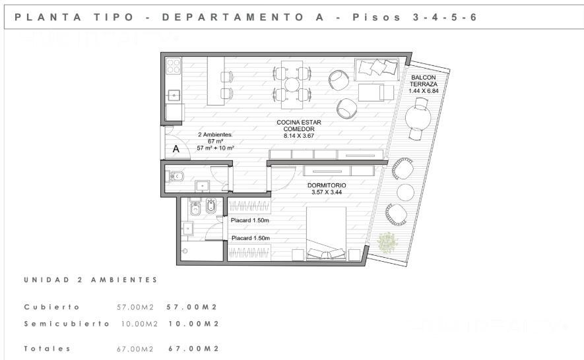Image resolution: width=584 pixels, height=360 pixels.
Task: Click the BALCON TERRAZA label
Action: (x=424, y=81)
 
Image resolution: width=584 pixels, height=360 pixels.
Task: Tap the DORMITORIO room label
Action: (x=327, y=185)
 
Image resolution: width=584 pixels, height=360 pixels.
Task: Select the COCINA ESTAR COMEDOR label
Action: (x=299, y=125)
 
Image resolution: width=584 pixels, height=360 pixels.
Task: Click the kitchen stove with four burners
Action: (x=173, y=66)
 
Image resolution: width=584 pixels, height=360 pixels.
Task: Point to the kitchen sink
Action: (x=174, y=96)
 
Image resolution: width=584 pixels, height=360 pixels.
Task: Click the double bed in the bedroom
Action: (x=326, y=233)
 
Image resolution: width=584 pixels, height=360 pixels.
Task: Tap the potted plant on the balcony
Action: (x=387, y=243)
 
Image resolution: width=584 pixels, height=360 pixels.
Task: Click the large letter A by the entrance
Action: (x=176, y=149)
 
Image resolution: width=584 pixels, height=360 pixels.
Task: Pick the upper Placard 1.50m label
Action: (x=249, y=220)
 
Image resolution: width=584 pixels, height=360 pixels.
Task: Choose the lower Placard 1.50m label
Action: (x=251, y=238)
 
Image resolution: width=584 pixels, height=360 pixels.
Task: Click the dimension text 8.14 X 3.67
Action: (x=299, y=136)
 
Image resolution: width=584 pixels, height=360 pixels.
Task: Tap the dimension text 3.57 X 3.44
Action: (x=327, y=192)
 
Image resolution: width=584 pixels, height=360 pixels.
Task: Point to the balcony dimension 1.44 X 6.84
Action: (x=424, y=91)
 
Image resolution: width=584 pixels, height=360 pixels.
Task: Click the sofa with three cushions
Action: (x=377, y=70)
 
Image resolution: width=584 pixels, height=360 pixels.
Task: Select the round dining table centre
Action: (x=292, y=84)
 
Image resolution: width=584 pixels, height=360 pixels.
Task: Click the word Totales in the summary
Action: (x=48, y=349)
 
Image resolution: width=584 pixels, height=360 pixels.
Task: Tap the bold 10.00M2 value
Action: (x=193, y=324)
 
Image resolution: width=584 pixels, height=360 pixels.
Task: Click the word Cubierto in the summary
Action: (x=52, y=307)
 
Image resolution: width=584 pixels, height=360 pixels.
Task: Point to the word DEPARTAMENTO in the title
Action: (x=233, y=17)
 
